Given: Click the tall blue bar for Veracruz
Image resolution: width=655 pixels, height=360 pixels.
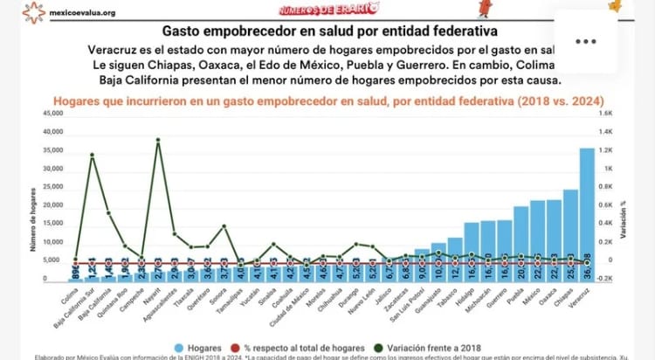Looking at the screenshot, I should pos(587,214).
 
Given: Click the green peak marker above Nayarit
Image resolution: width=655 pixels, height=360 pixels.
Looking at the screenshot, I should pos(158,140).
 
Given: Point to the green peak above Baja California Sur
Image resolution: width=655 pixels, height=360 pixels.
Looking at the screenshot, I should pos(93,156).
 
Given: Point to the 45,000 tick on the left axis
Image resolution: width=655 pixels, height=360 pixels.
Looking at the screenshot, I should pos(52,114).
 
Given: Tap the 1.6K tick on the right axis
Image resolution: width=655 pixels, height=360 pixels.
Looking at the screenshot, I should pos(604,114).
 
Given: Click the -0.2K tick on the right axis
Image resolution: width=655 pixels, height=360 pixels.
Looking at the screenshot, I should pos(604,279).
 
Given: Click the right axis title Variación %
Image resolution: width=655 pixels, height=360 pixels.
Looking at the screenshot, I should pos(623,218).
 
